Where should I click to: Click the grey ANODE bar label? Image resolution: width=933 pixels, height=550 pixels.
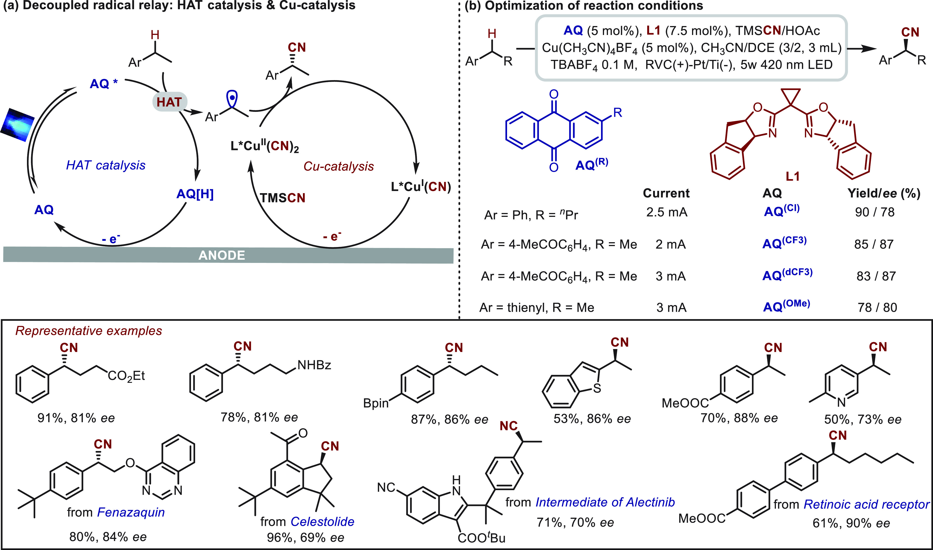pos(222,255)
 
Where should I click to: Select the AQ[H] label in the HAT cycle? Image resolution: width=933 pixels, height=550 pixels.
pos(195,194)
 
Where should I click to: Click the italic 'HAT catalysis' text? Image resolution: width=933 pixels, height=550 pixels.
pos(106,165)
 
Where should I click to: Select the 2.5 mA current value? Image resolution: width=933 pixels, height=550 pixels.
pos(666,212)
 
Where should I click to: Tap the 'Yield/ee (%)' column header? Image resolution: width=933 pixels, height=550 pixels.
pos(884,193)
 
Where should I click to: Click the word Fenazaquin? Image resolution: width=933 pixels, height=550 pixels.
pos(131,512)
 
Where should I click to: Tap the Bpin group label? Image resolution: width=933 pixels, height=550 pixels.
pos(376,403)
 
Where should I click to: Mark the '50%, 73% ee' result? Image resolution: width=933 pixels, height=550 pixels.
pos(863,419)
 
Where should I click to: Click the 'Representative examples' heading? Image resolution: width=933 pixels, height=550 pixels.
pos(89,331)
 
